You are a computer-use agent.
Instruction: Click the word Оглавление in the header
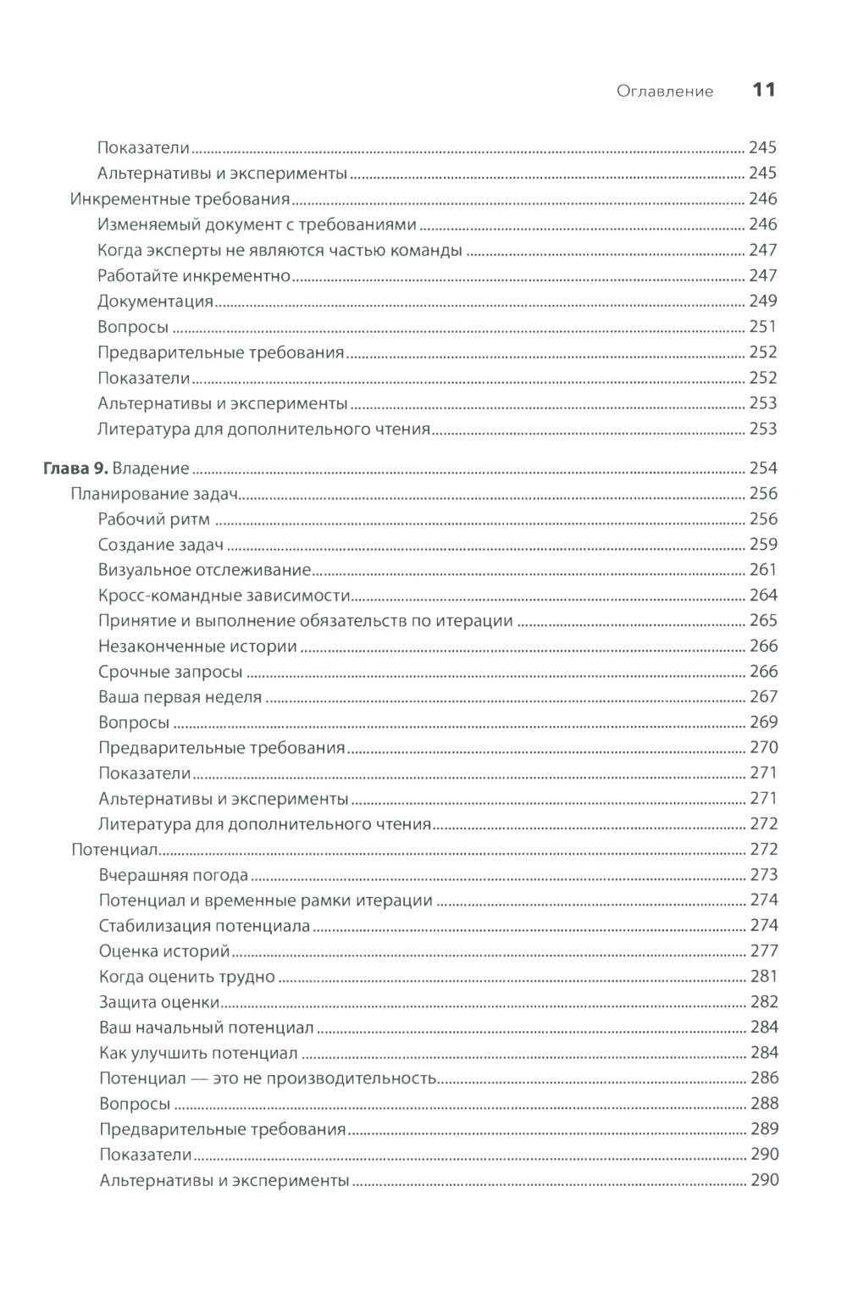pos(665,91)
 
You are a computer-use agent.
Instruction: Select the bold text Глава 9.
pos(75,468)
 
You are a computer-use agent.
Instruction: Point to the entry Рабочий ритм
pos(153,519)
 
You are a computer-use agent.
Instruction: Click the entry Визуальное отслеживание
pos(204,570)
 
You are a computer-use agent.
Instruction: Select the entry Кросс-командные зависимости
pos(224,596)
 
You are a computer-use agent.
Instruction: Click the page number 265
pos(763,621)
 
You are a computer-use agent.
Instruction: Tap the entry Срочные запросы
pos(170,672)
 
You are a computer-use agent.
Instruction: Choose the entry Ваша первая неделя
pos(180,697)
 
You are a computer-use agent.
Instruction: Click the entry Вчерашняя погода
pos(174,875)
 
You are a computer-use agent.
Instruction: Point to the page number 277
pos(763,951)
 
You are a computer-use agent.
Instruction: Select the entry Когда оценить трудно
pos(186,977)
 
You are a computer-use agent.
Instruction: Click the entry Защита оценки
pos(159,1002)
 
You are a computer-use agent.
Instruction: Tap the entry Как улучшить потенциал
pos(197,1053)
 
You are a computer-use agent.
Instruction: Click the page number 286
pos(763,1078)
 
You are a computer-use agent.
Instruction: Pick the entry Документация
pos(155,302)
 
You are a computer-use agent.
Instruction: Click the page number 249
pos(762,302)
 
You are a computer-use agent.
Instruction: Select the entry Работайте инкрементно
pos(194,276)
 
